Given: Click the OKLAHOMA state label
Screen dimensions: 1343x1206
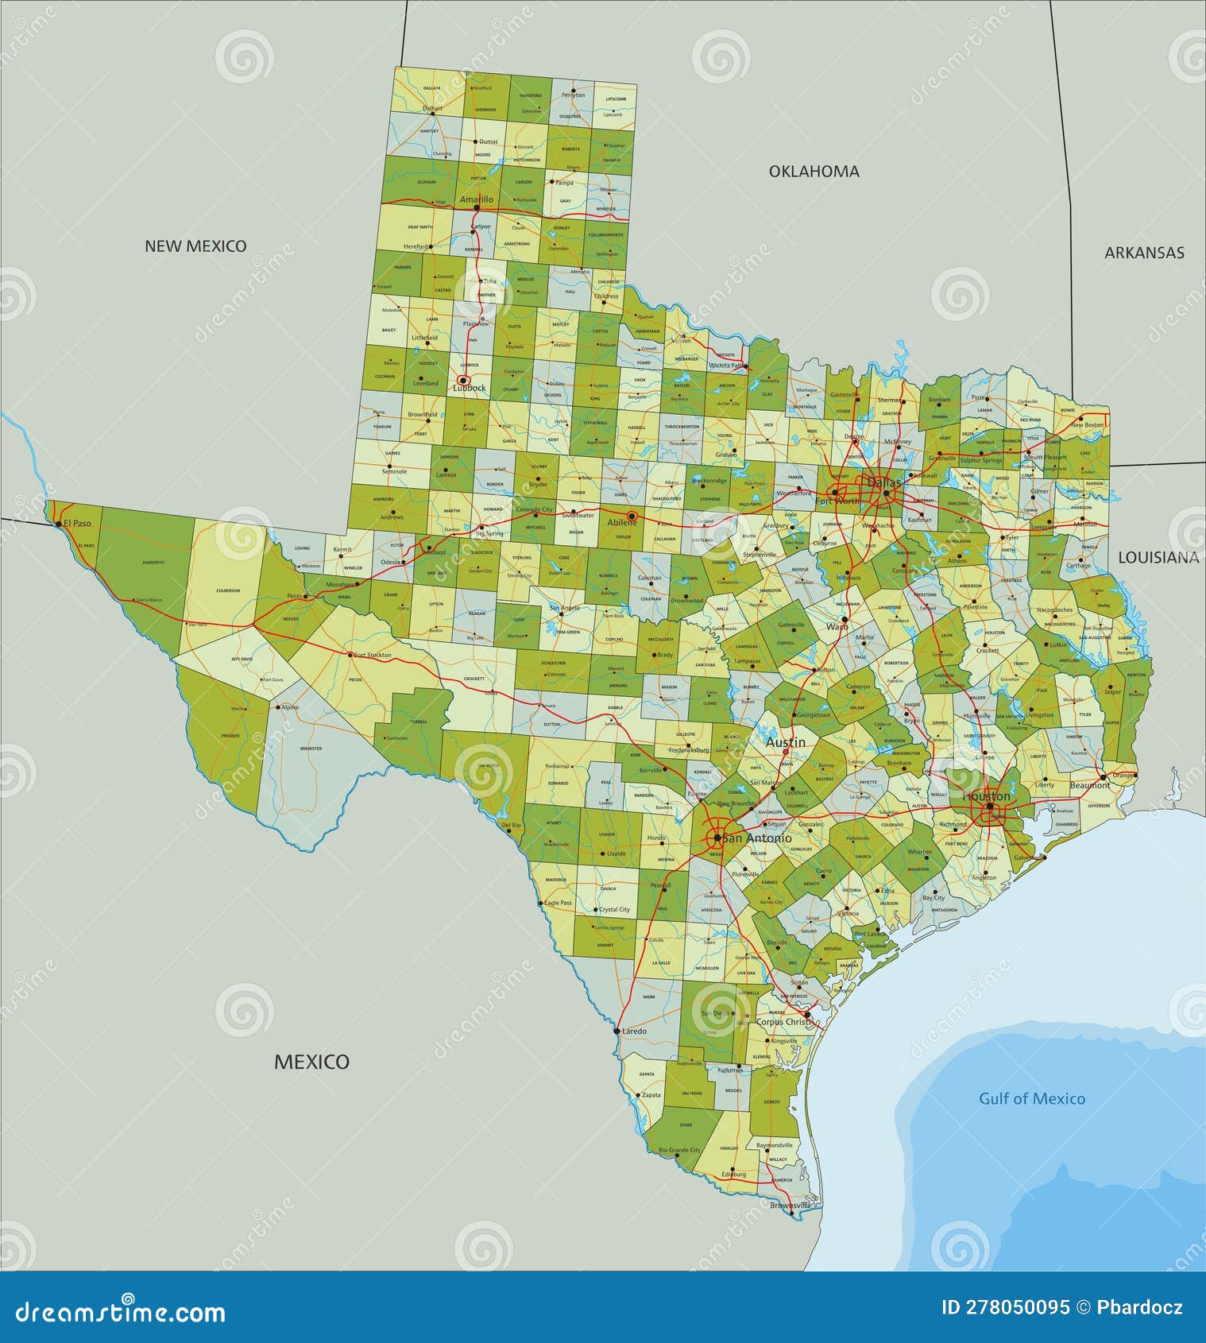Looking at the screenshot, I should [814, 171].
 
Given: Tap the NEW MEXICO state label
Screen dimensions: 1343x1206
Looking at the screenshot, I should [195, 246].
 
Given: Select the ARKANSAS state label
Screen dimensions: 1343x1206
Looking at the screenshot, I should [1144, 253].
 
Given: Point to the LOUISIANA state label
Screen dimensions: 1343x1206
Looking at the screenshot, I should [1158, 558].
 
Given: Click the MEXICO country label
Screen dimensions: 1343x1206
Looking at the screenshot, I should [311, 1062].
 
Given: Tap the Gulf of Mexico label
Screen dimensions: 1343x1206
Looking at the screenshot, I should [1031, 1099].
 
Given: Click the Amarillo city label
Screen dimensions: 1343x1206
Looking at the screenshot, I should [477, 199].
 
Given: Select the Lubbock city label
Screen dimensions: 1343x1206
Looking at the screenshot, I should [470, 389].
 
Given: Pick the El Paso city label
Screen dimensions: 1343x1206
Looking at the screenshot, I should [78, 524].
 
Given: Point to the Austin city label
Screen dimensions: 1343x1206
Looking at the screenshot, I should [785, 742].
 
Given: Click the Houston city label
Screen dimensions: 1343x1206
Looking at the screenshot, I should [986, 796].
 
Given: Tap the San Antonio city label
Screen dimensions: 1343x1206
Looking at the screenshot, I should [757, 838].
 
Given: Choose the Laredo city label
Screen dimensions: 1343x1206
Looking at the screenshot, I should [634, 1031].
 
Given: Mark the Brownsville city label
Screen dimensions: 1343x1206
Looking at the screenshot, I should [790, 1206].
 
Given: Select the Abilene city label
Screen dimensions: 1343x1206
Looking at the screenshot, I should [622, 523].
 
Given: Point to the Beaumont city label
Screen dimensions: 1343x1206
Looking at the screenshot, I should [1090, 785].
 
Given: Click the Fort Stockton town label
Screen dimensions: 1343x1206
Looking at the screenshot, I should [373, 656].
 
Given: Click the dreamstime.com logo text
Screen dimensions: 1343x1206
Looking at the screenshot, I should [121, 1313].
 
